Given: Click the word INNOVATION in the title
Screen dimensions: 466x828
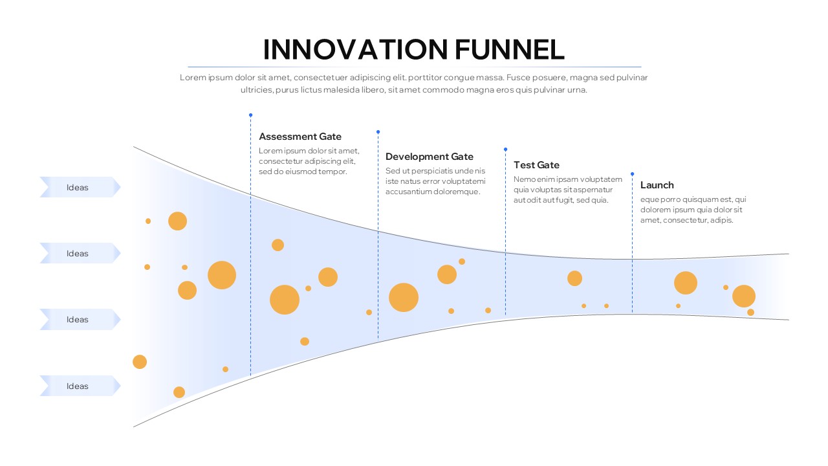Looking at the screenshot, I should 355,50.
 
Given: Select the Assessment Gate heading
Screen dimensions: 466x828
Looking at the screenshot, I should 300,137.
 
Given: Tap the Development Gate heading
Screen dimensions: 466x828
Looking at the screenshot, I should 430,157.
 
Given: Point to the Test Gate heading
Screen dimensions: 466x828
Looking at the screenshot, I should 536,165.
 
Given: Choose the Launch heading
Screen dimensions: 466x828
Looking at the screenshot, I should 657,185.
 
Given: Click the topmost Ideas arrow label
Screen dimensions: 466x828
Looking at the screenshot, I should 78,188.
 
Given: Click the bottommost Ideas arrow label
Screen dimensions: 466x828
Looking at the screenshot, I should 78,386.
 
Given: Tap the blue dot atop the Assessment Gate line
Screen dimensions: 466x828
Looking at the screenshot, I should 250,115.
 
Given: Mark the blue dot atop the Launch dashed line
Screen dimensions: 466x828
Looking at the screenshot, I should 632,173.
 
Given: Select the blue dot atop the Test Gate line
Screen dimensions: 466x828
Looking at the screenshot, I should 505,149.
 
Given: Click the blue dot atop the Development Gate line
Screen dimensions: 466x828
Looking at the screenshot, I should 378,131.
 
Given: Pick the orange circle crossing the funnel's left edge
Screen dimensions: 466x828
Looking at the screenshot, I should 140,362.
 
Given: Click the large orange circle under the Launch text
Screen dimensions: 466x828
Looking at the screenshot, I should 686,283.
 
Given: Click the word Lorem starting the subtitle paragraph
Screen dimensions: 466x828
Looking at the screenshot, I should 192,78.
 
